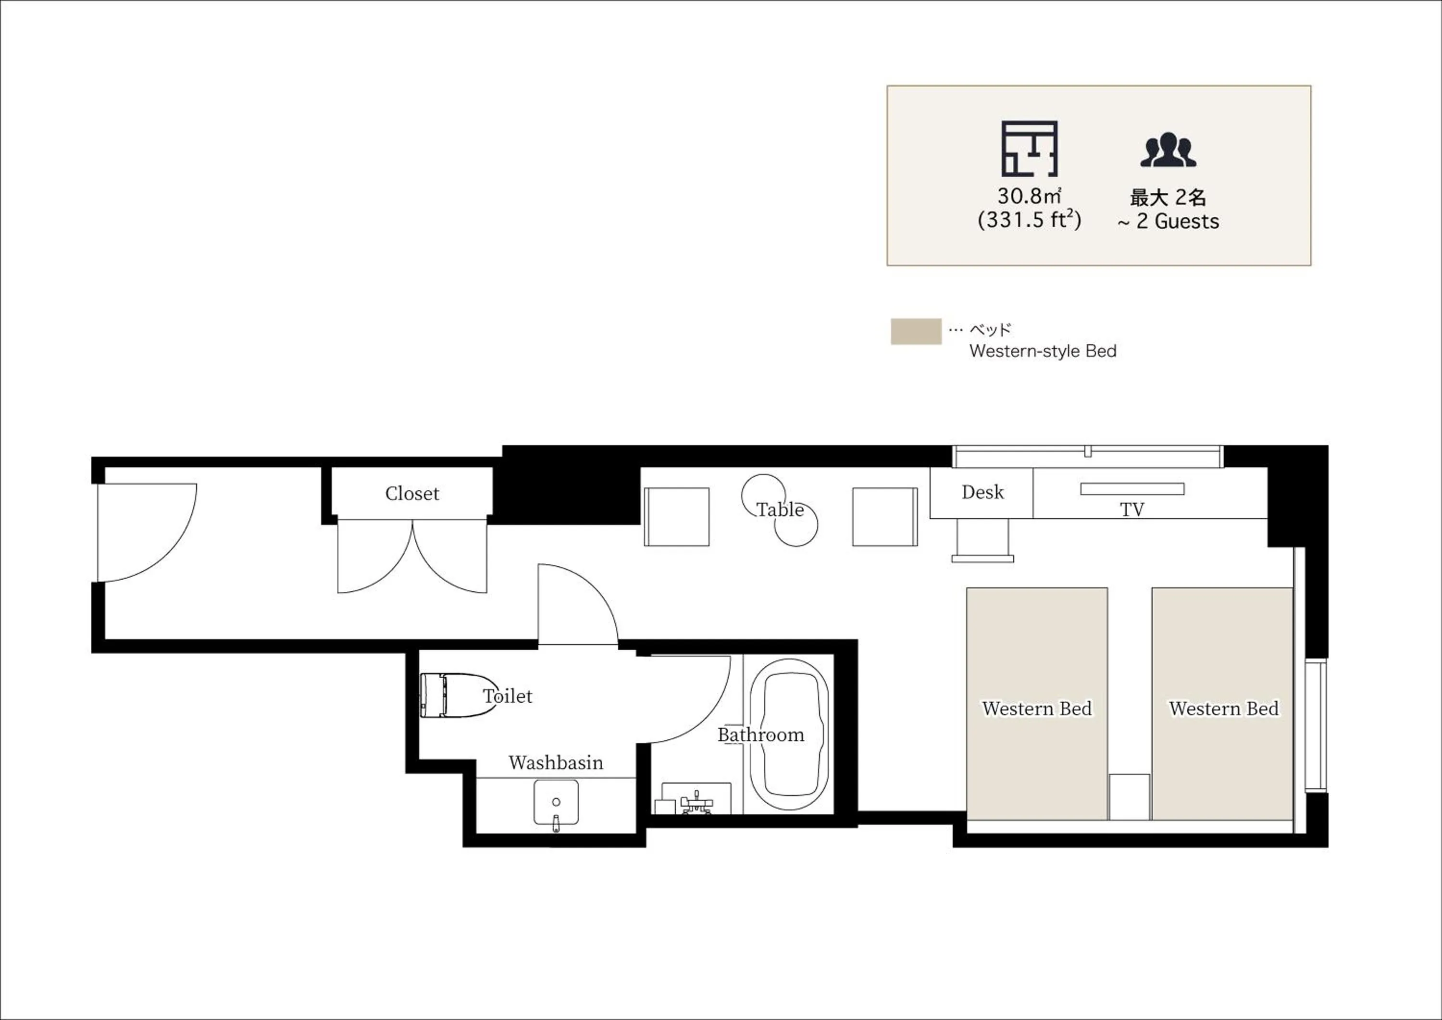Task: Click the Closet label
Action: tap(412, 494)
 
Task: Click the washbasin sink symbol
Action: tap(556, 803)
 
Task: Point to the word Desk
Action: tap(982, 492)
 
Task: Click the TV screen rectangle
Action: tap(1132, 489)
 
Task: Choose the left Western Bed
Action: tap(1037, 703)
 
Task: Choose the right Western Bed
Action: tap(1222, 703)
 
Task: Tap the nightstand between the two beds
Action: tap(1129, 797)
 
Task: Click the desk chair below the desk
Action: tap(982, 541)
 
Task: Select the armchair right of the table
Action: tap(885, 516)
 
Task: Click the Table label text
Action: tap(780, 510)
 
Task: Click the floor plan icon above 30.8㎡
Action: tap(1030, 149)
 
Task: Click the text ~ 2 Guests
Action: tap(1168, 222)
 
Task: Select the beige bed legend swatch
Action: tap(916, 332)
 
